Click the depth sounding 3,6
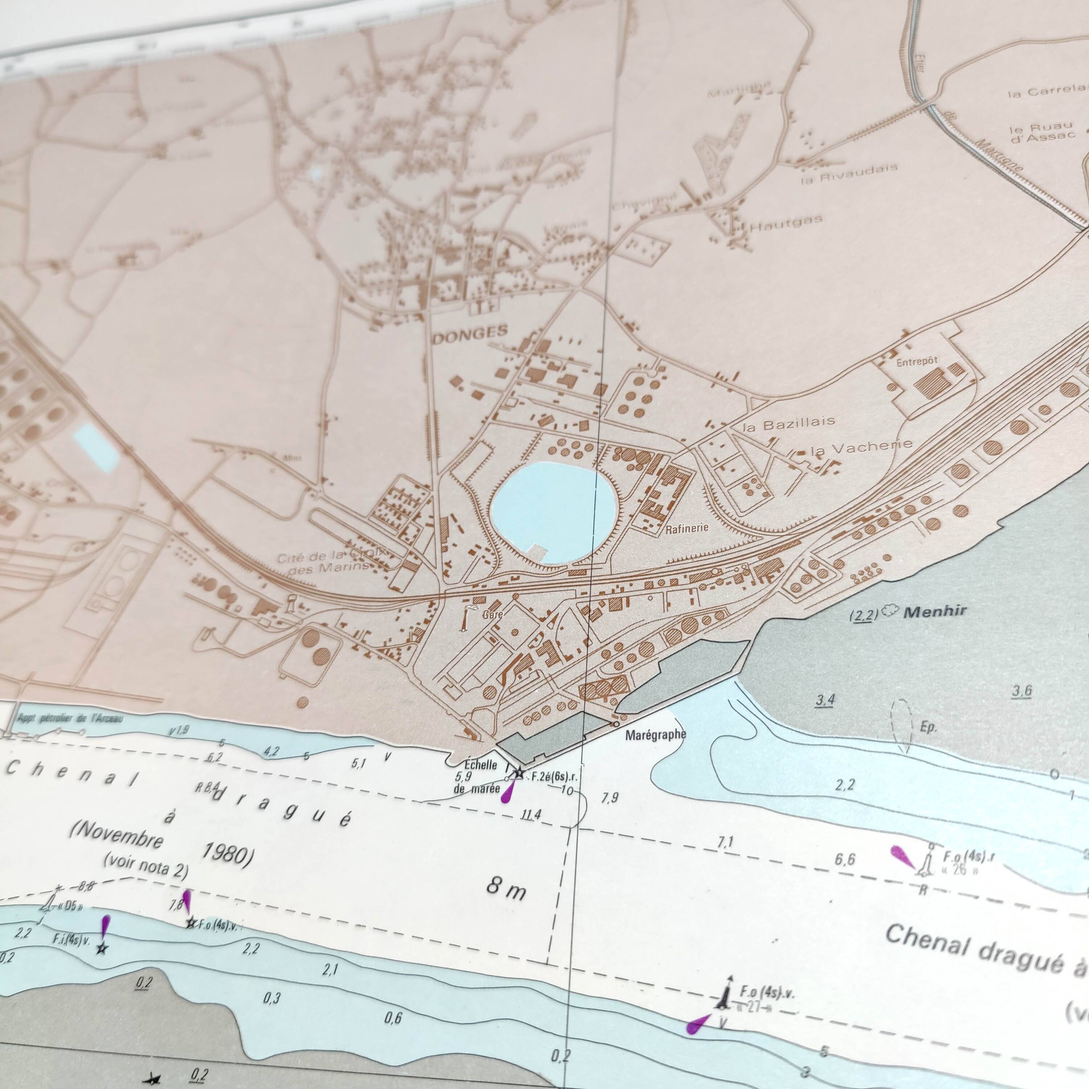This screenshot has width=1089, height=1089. [1022, 691]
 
